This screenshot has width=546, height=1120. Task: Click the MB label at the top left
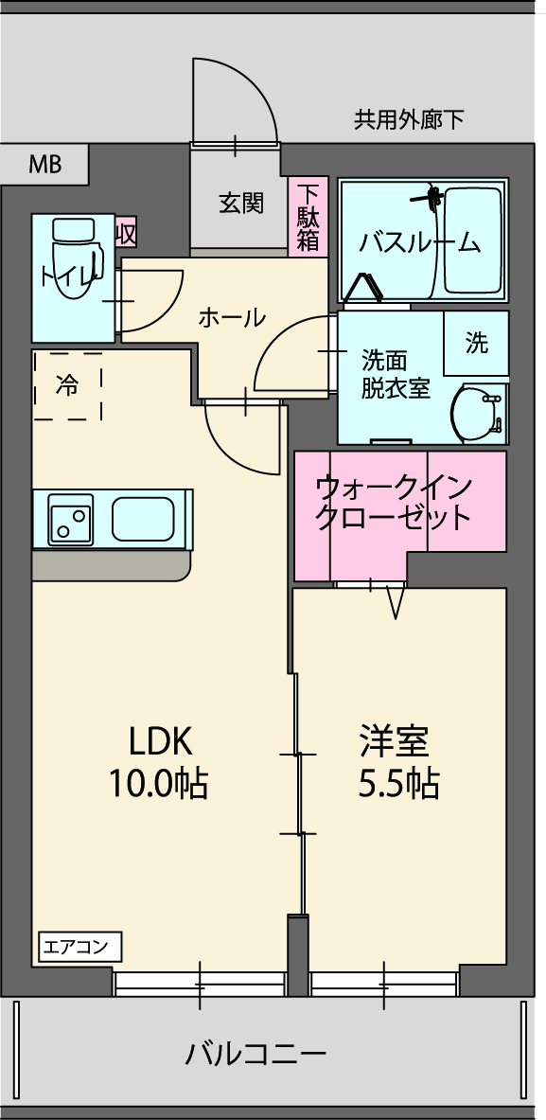pyautogui.click(x=45, y=165)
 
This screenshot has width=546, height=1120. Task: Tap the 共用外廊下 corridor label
pyautogui.click(x=409, y=119)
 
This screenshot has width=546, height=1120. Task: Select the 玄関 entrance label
pyautogui.click(x=240, y=204)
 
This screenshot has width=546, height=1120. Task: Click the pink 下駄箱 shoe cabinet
pyautogui.click(x=308, y=217)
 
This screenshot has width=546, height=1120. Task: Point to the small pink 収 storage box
pyautogui.click(x=126, y=234)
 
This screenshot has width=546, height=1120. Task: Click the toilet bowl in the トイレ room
pyautogui.click(x=74, y=250)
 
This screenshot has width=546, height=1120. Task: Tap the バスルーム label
pyautogui.click(x=419, y=243)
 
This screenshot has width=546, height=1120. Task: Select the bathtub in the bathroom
pyautogui.click(x=471, y=240)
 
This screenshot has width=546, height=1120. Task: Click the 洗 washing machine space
pyautogui.click(x=476, y=344)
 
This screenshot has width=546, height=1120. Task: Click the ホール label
pyautogui.click(x=232, y=315)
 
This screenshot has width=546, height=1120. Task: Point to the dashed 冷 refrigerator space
pyautogui.click(x=68, y=385)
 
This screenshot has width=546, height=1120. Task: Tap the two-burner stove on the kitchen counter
pyautogui.click(x=71, y=519)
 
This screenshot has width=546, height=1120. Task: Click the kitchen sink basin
pyautogui.click(x=144, y=519)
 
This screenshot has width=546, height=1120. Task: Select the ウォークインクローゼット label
pyautogui.click(x=394, y=502)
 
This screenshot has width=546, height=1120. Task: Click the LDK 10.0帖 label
pyautogui.click(x=158, y=763)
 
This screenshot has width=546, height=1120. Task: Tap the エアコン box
pyautogui.click(x=79, y=948)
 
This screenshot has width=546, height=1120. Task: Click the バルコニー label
pyautogui.click(x=257, y=1054)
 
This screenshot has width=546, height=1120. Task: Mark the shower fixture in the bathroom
pyautogui.click(x=432, y=196)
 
